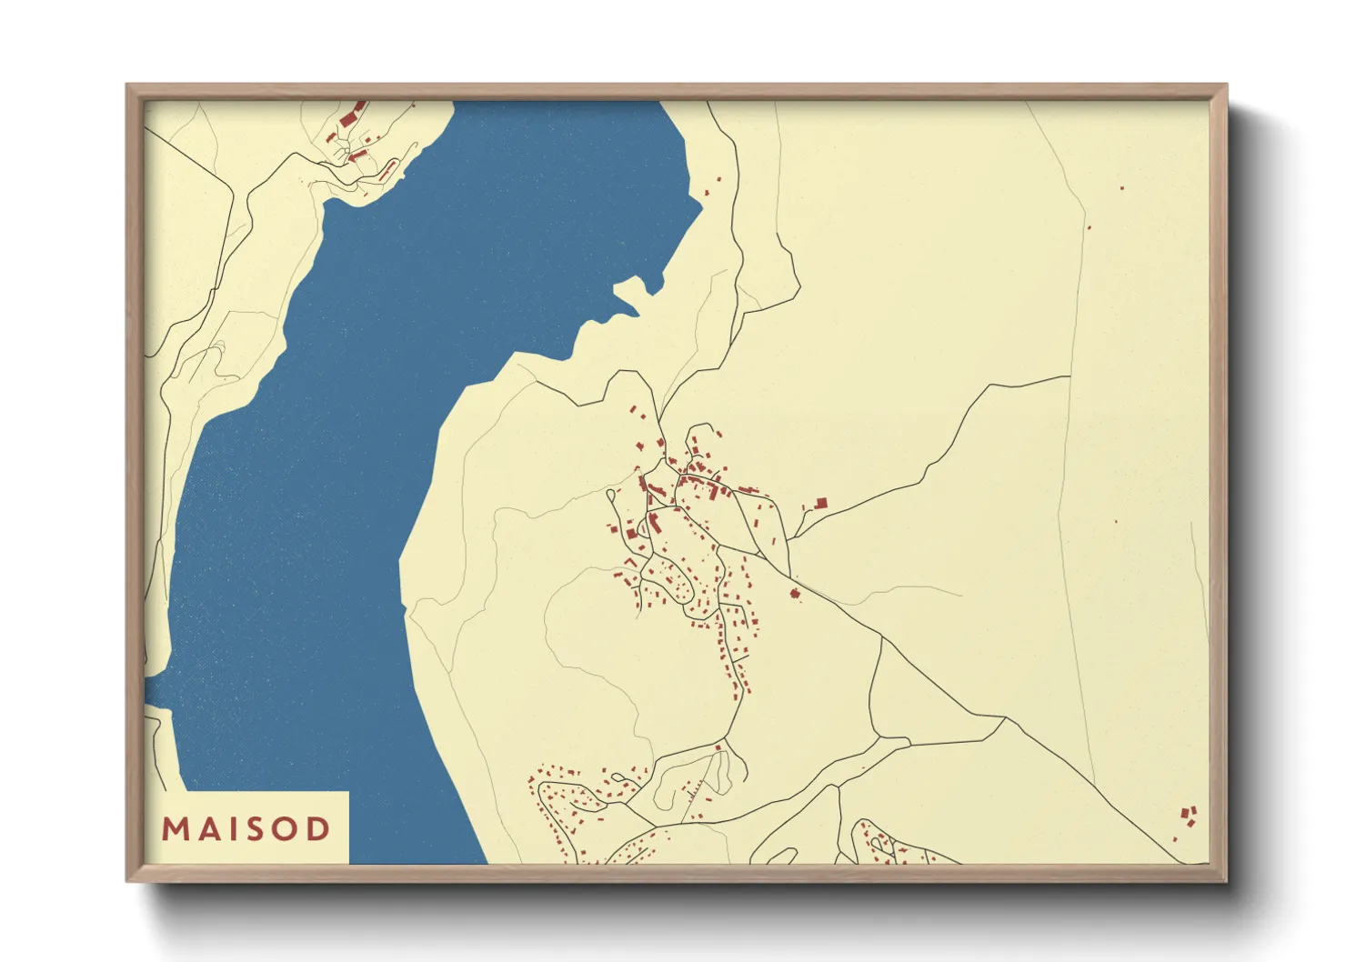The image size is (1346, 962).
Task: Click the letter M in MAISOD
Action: [175, 829]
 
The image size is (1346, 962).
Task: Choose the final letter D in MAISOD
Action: [318, 829]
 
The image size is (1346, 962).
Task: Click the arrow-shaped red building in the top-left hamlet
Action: [357, 156]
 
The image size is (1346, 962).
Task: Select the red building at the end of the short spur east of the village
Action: [820, 502]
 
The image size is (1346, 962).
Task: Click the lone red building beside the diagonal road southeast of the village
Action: [795, 594]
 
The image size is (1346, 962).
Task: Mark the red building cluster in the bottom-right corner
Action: [1188, 815]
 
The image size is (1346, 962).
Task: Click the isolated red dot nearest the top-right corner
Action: [1121, 188]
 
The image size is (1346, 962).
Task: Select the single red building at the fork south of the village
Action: [718, 747]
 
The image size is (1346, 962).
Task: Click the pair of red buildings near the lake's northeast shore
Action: [712, 186]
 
